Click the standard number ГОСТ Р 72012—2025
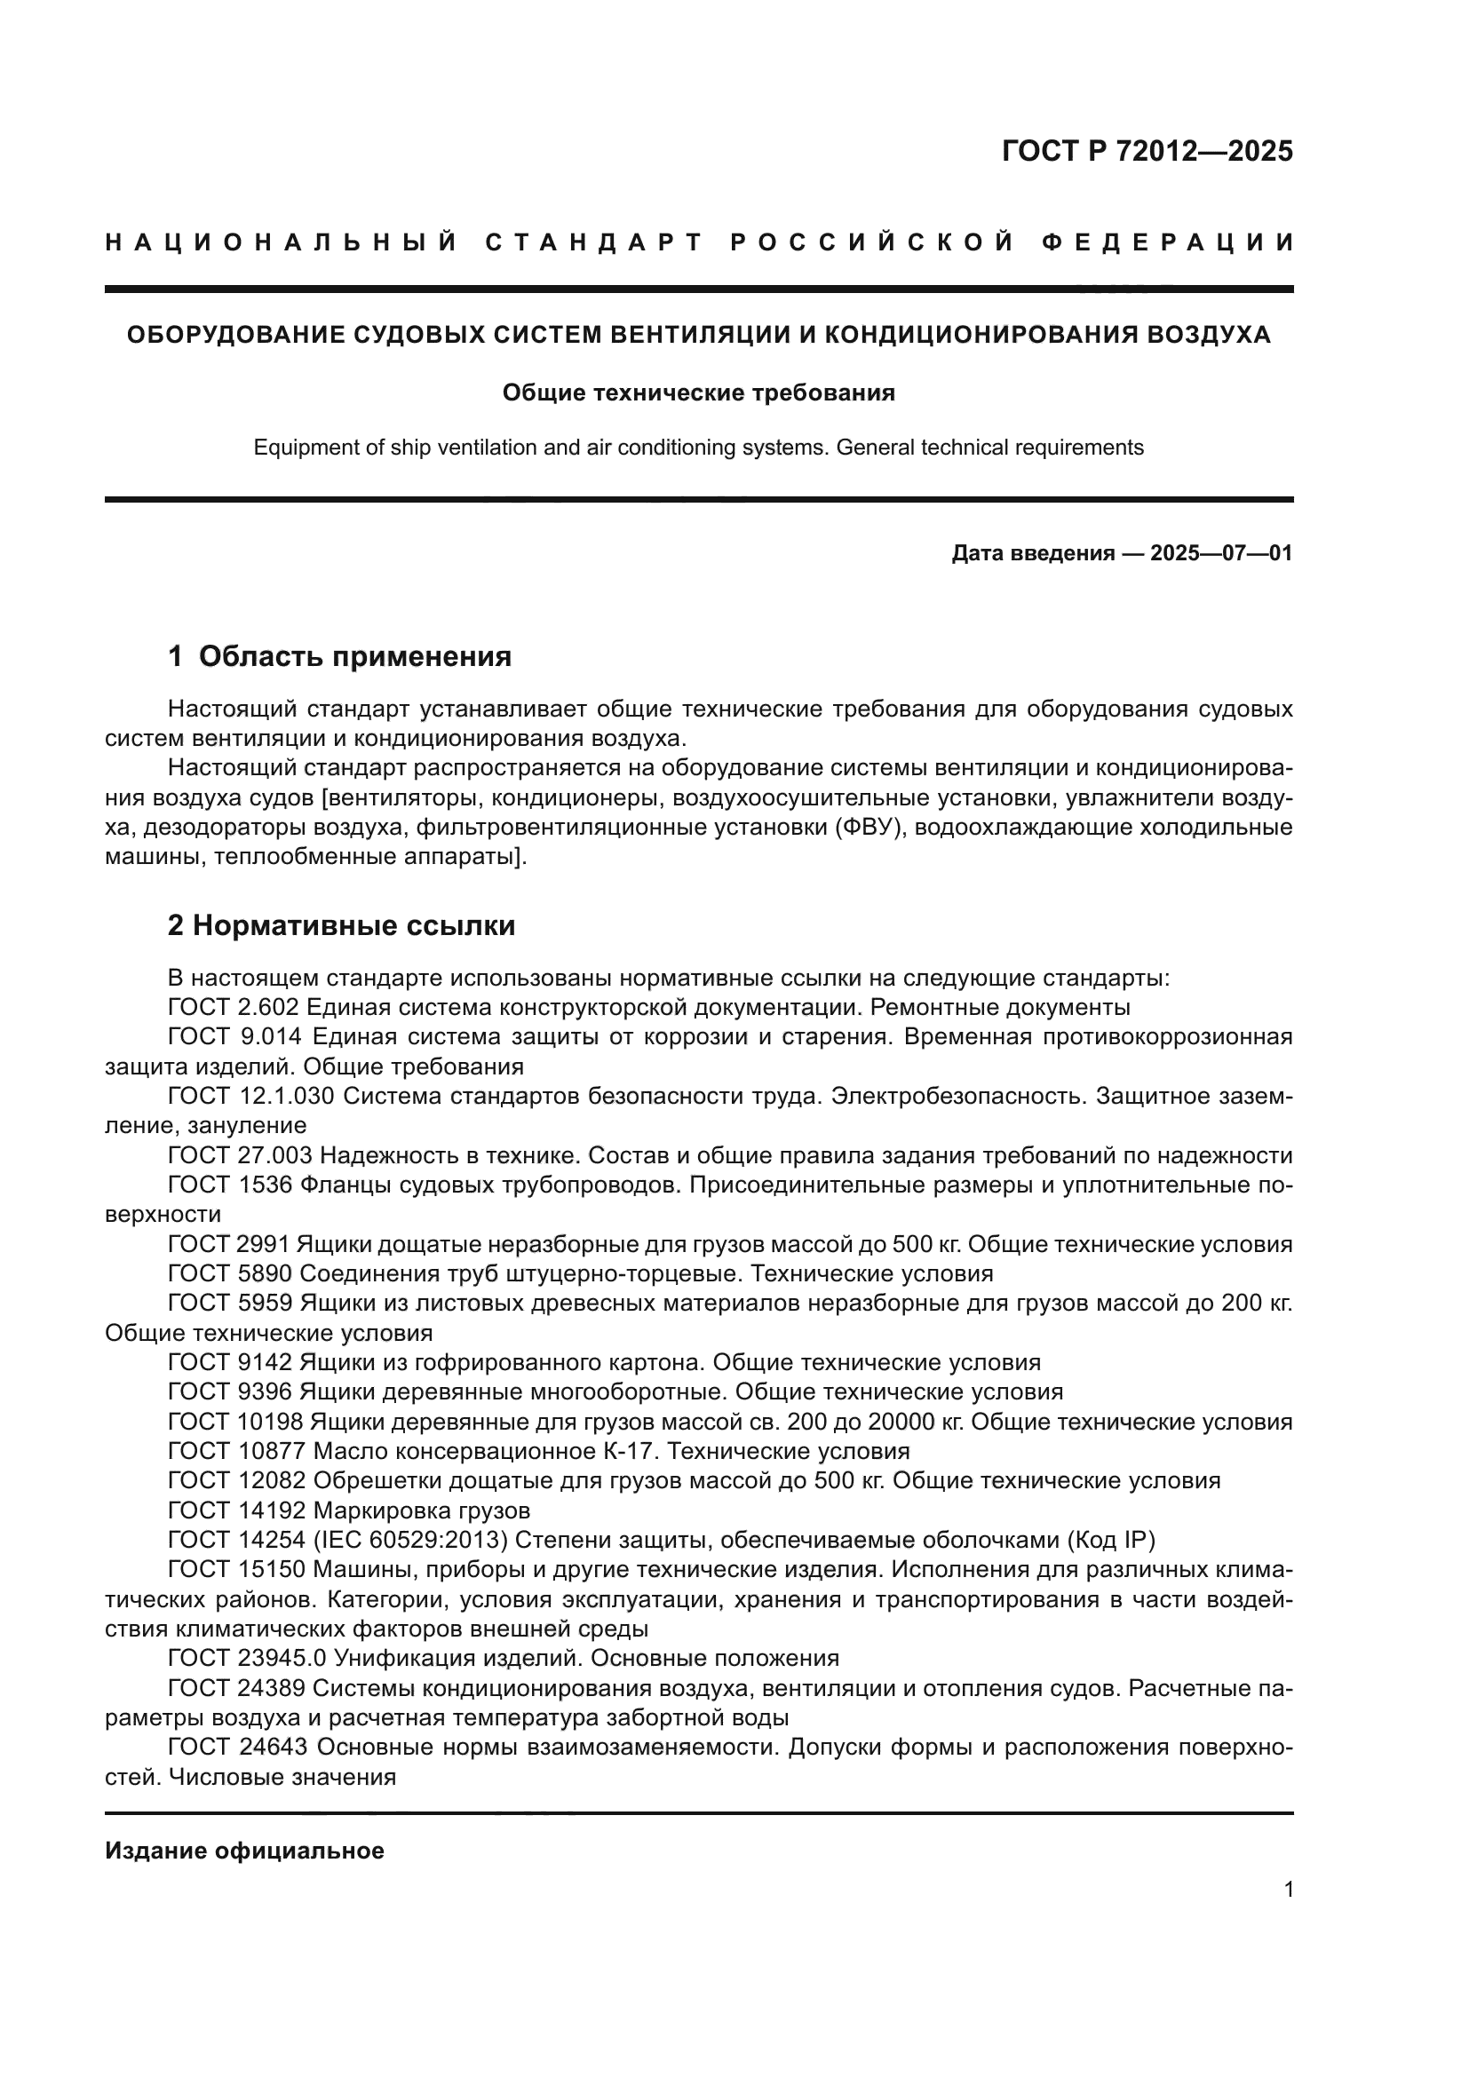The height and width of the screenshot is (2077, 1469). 1147,151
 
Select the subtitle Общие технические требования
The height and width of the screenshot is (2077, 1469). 698,392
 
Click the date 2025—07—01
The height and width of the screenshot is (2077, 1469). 1221,552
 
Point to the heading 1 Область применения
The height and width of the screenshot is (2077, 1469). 340,656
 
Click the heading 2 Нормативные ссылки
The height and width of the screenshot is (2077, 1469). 342,925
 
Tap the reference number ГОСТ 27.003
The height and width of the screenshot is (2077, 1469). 241,1155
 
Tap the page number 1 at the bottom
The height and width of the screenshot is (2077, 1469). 1288,1890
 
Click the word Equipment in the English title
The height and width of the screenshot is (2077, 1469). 297,448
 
